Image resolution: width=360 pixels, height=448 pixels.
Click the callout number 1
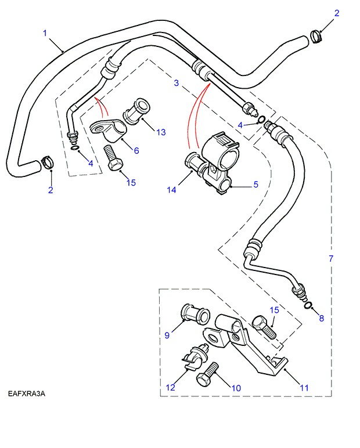(45, 33)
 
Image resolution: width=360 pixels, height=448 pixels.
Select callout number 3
(177, 84)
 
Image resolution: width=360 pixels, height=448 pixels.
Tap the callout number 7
(331, 258)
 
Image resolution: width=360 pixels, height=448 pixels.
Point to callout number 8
(321, 319)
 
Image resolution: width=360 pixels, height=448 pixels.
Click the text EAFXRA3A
(27, 394)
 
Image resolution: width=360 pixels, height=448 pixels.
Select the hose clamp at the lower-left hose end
(46, 163)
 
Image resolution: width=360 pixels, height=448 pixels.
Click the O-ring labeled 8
(308, 306)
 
